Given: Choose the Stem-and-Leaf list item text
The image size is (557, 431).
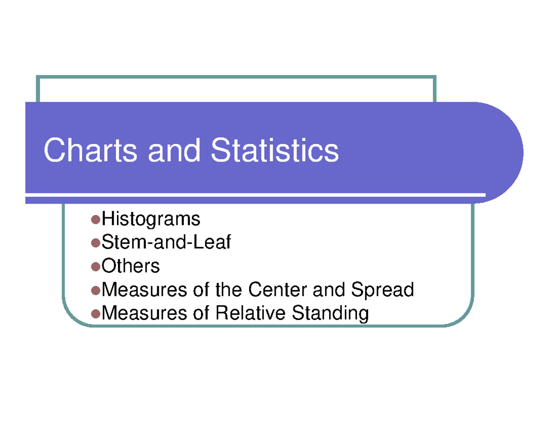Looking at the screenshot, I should click(166, 242).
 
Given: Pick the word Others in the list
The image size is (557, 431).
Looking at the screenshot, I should click(130, 266).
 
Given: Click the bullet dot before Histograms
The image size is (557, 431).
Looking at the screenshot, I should click(96, 219).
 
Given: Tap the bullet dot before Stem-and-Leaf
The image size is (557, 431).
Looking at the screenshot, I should click(96, 243).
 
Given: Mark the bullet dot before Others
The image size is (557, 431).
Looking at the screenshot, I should click(96, 267).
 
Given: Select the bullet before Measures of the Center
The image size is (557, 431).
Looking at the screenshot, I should click(96, 291).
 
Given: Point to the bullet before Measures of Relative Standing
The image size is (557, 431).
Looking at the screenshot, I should click(96, 314).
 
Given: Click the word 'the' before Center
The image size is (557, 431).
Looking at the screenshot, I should click(229, 290).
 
